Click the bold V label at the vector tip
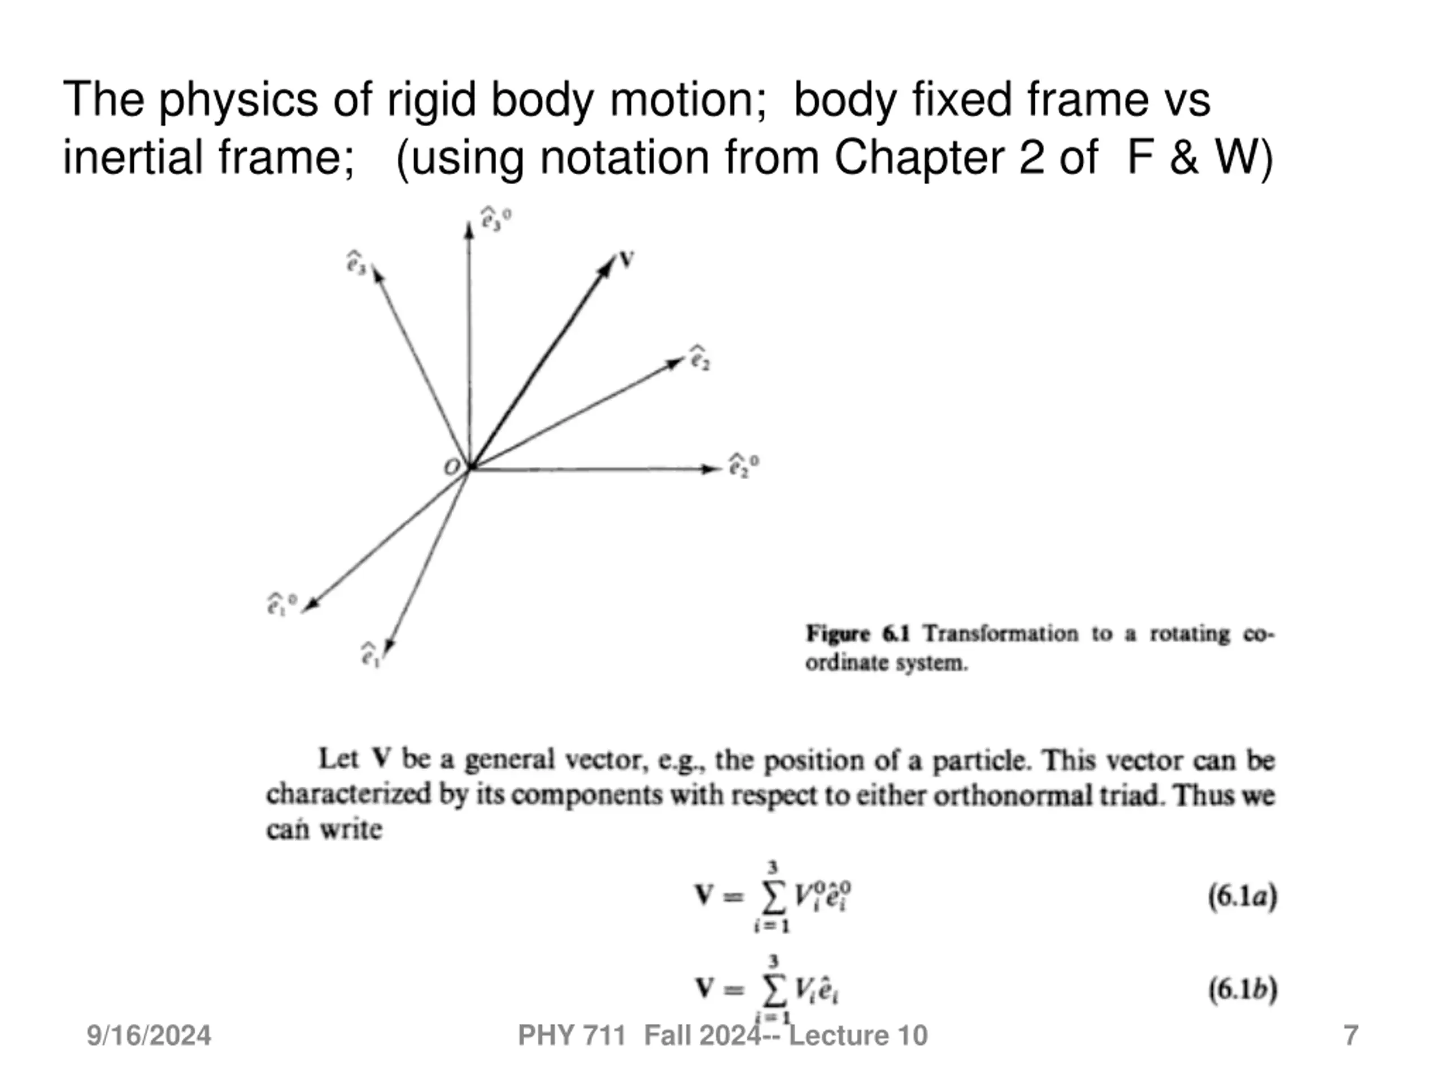tap(627, 261)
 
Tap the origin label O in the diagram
tap(452, 467)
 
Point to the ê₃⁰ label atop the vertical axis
tap(495, 219)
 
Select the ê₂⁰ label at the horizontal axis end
tap(744, 466)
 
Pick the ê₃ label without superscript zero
tap(357, 263)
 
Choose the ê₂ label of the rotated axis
tap(700, 358)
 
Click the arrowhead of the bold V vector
tap(607, 265)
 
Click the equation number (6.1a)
tap(1242, 897)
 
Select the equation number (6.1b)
tap(1242, 989)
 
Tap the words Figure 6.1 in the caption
tap(857, 633)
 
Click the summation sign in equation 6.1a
tap(772, 899)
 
